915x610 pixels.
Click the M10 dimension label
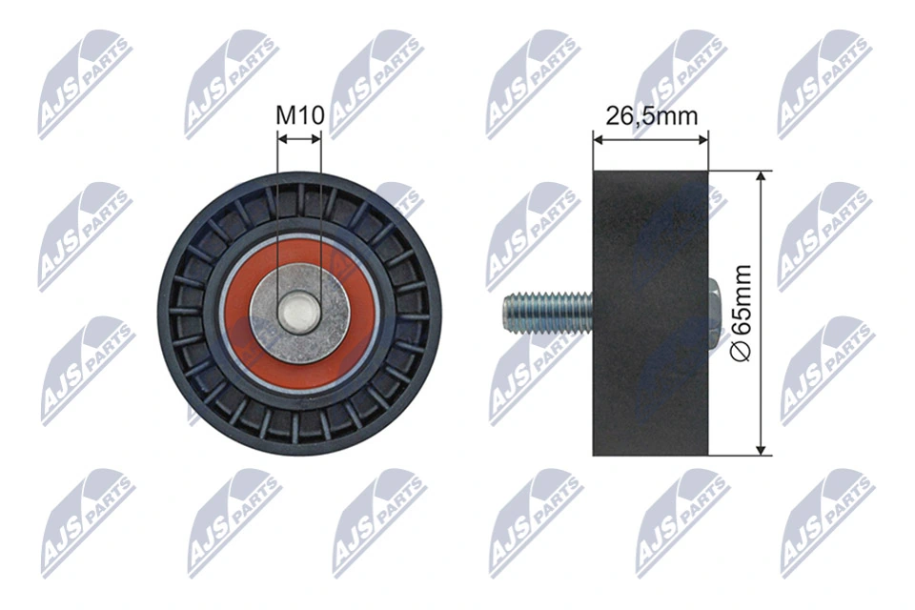click(x=299, y=116)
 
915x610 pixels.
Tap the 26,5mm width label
click(x=652, y=116)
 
